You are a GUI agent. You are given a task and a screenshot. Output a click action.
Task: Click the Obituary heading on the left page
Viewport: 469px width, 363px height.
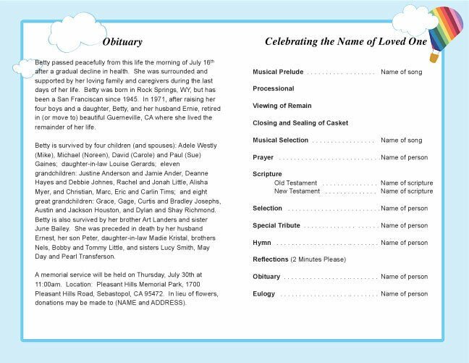click(x=122, y=42)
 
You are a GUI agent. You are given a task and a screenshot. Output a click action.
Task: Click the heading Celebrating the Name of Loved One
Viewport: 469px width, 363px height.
click(x=345, y=42)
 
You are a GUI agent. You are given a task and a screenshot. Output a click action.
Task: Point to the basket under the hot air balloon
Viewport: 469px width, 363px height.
click(x=434, y=57)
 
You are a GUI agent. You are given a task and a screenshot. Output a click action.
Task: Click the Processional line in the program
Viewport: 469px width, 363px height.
click(x=274, y=89)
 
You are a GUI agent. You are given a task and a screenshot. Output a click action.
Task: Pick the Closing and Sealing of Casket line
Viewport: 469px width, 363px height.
click(x=300, y=123)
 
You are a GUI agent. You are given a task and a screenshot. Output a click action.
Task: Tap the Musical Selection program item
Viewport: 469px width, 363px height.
click(x=281, y=141)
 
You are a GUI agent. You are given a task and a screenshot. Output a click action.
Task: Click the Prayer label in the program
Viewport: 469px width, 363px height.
click(x=263, y=157)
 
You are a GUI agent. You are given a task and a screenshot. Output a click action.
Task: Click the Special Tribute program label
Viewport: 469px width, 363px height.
click(x=276, y=225)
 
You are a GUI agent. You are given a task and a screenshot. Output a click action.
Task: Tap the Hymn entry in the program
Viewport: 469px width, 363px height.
click(x=262, y=243)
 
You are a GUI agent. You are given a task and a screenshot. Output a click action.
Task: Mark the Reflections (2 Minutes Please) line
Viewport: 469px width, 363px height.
click(x=299, y=259)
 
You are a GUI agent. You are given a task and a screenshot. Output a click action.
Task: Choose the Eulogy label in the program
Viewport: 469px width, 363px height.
click(x=264, y=294)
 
